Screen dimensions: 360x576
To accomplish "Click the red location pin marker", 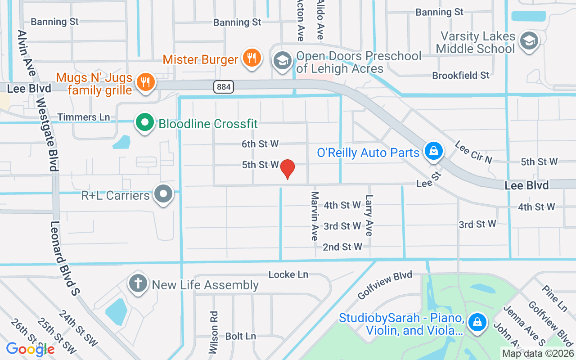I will point(287,169).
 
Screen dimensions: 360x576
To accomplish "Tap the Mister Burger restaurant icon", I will point(252,58).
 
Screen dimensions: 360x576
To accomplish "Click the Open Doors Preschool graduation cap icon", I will point(282,60).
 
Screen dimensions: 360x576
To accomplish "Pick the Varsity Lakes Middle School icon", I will point(529,41).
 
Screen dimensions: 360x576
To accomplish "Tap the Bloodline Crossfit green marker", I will point(144,123).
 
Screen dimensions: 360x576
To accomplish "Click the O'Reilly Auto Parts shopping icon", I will point(433,150).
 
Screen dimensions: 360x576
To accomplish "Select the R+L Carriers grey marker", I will point(163,194).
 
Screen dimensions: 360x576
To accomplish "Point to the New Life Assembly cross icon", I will point(139,284).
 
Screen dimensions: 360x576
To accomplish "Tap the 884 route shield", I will point(224,87).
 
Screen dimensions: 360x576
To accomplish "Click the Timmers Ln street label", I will point(84,117).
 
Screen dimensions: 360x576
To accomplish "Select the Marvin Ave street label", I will point(315,216).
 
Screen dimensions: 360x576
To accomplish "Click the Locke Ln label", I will point(288,274).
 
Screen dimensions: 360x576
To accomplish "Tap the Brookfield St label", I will point(460,75).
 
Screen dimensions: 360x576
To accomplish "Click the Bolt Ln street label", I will point(240,336).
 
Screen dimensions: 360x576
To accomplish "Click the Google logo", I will point(30,349).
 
